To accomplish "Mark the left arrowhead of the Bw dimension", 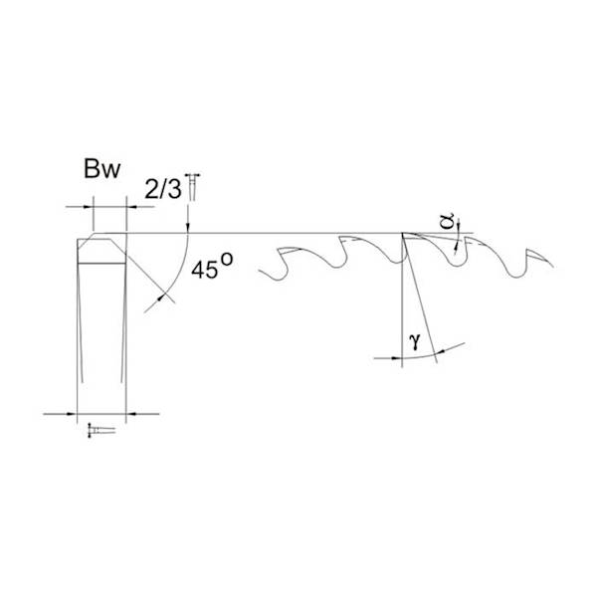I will coord(87,207).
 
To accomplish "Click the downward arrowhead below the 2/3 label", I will coord(188,228).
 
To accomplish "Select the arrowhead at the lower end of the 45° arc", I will coord(162,297).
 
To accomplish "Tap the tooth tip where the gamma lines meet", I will coord(402,235).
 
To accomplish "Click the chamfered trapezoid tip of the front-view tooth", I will coord(102,246).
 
